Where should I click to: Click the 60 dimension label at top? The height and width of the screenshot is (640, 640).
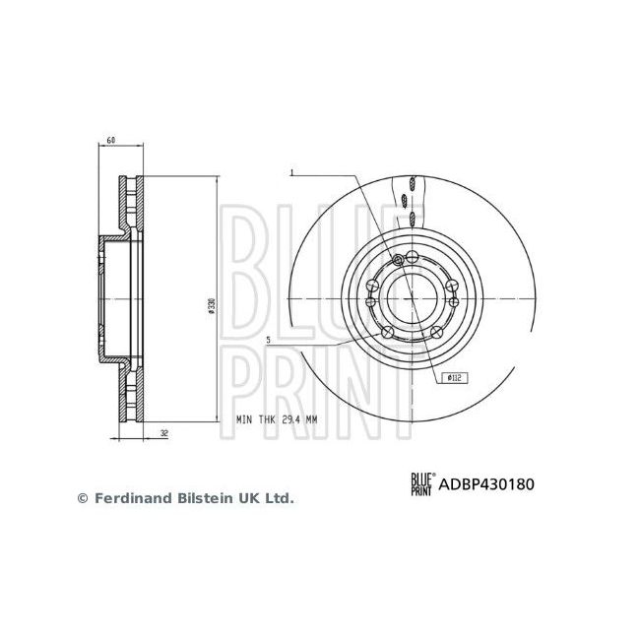click(x=111, y=141)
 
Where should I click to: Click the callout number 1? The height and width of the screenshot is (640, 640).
click(x=292, y=173)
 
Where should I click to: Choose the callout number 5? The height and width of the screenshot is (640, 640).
click(x=268, y=340)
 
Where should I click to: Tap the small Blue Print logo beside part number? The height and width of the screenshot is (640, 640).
click(x=422, y=483)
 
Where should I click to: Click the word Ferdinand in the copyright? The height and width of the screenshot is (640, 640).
click(x=128, y=498)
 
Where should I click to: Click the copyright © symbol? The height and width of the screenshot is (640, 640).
click(x=83, y=498)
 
